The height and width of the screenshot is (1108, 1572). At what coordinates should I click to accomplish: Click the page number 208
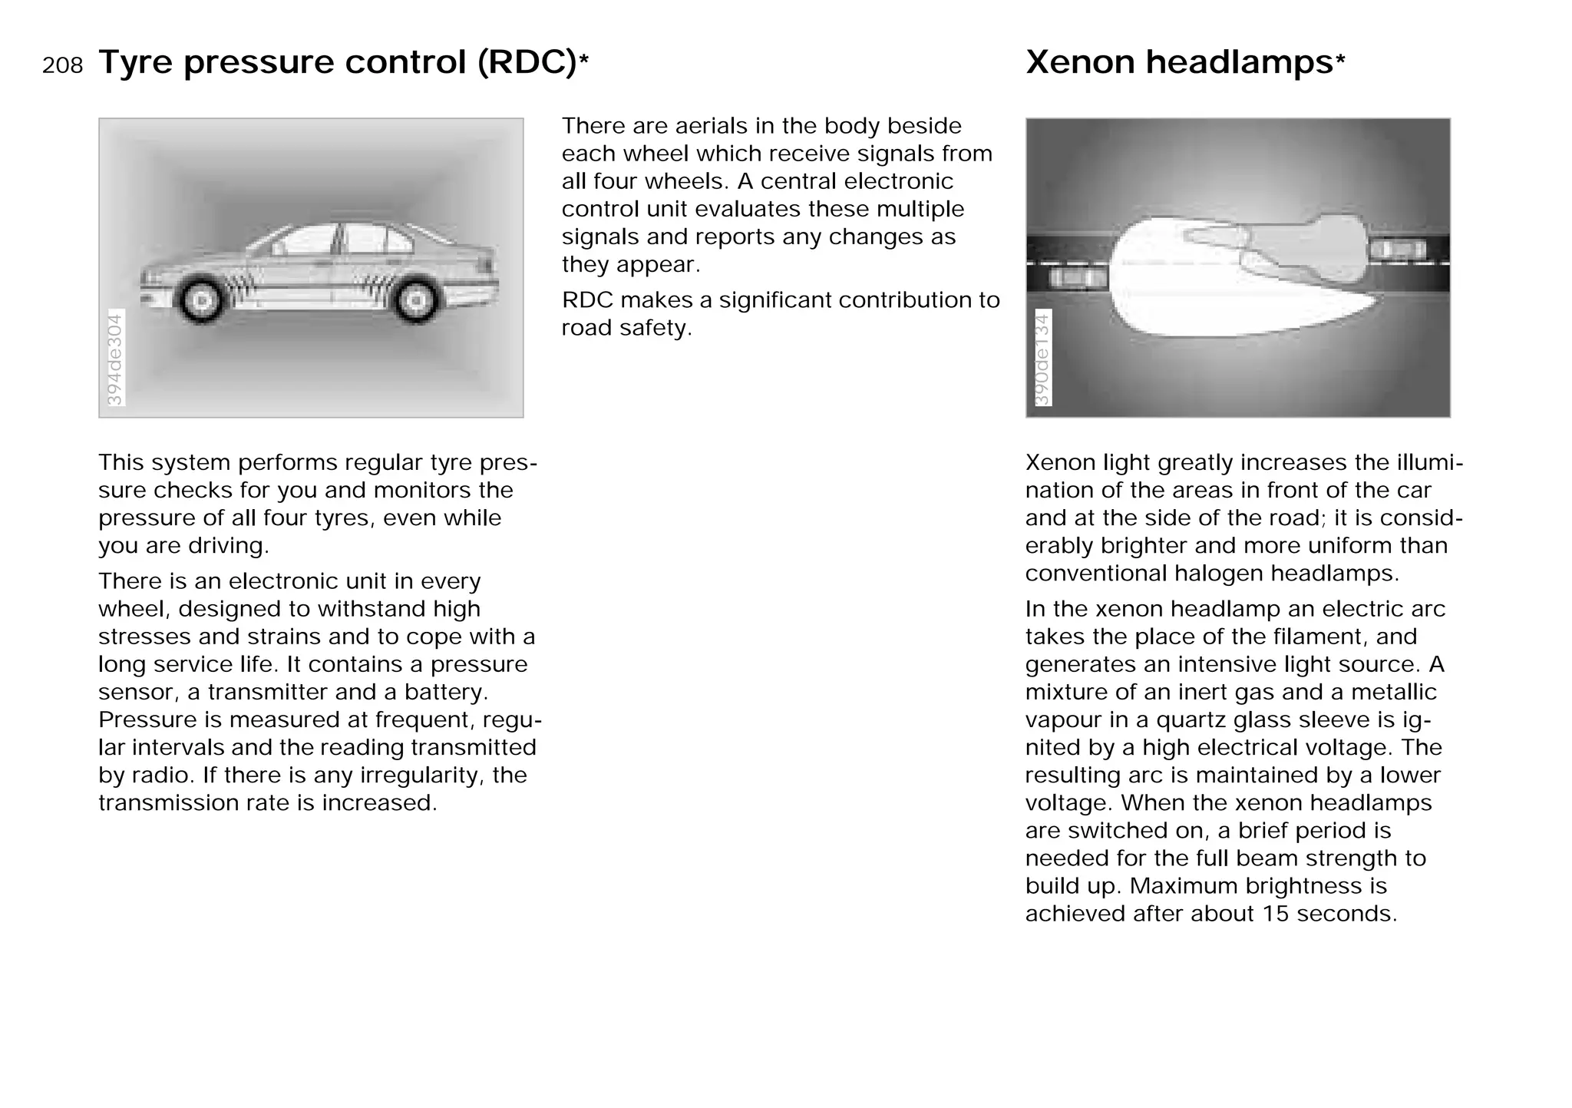(x=62, y=66)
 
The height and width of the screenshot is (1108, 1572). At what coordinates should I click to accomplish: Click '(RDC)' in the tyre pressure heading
(x=526, y=62)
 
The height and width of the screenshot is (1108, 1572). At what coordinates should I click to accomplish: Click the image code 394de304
(x=114, y=359)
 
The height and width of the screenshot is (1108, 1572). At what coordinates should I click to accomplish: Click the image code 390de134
(x=1042, y=359)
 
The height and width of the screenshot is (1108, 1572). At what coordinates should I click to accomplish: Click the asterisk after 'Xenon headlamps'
(x=1340, y=61)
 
